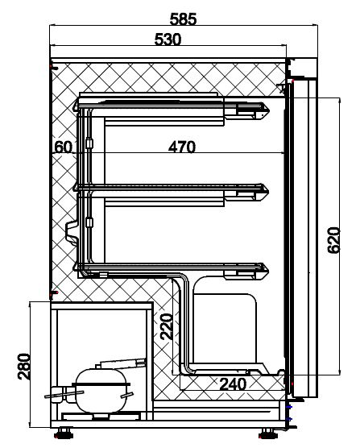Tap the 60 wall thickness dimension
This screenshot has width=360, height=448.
pos(64,147)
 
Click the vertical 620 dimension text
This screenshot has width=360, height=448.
pos(334,240)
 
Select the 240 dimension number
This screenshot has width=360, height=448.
pos(232,385)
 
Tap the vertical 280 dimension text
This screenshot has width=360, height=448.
pos(24,366)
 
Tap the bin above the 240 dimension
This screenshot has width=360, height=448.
pos(226,330)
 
